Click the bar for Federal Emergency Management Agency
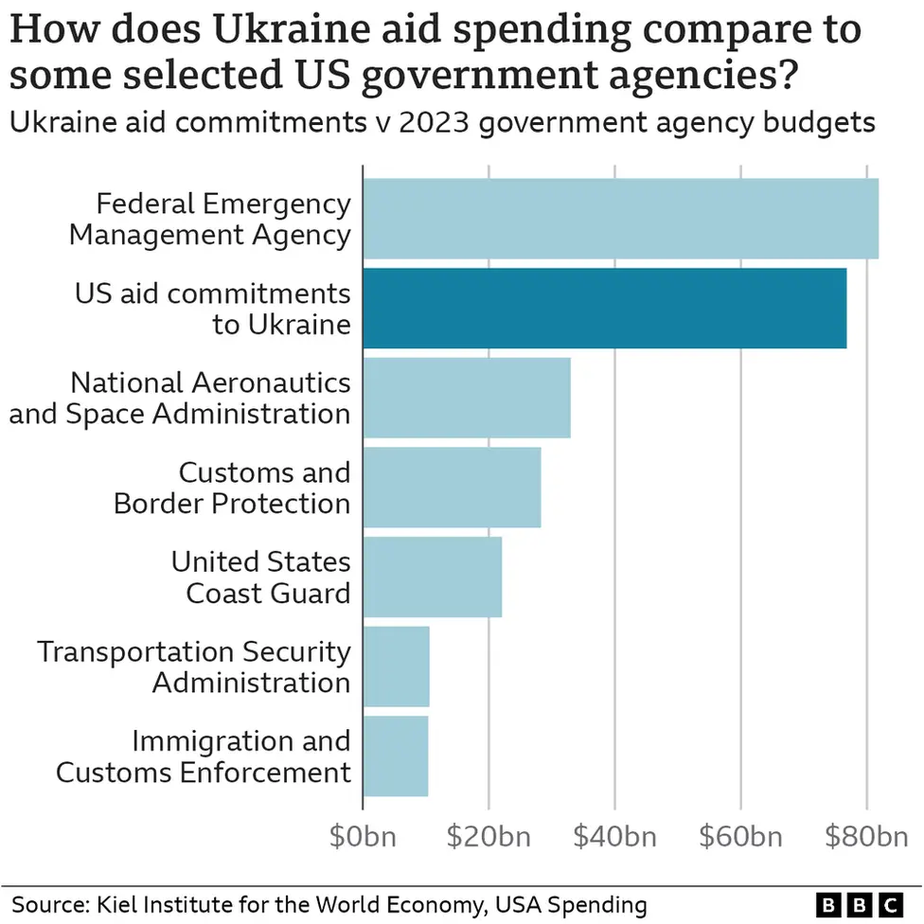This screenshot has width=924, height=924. (620, 218)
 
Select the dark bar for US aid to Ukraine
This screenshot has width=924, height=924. (604, 308)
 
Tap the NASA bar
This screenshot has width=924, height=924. (466, 397)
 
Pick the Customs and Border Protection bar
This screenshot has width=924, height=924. (452, 487)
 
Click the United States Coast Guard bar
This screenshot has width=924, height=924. (432, 577)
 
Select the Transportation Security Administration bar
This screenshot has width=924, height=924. (396, 666)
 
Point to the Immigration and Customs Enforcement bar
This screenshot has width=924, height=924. (395, 755)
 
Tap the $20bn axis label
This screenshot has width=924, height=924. (489, 837)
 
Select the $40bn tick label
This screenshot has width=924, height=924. (614, 837)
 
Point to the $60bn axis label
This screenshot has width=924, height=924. (740, 837)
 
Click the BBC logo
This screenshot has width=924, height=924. (859, 903)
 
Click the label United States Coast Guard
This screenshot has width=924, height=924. (260, 577)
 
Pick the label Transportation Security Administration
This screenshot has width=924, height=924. (194, 666)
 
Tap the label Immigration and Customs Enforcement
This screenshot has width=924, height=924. (204, 755)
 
